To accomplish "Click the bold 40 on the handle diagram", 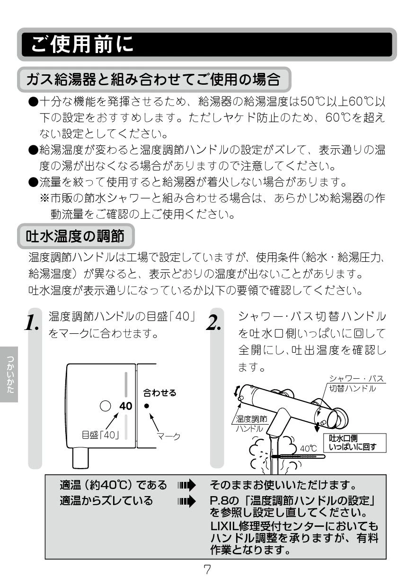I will pyautogui.click(x=126, y=406).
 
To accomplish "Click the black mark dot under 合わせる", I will pyautogui.click(x=147, y=406).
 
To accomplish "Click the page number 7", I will pyautogui.click(x=207, y=569).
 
